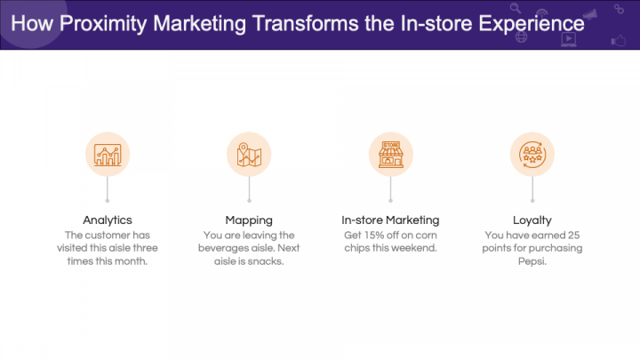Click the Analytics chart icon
click(108, 154)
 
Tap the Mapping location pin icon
click(249, 154)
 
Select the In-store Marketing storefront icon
click(391, 154)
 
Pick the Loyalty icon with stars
click(532, 154)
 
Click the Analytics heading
click(108, 220)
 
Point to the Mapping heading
click(249, 220)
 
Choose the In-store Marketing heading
click(391, 220)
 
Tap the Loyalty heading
click(532, 220)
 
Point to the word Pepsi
click(532, 261)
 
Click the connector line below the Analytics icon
click(108, 188)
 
